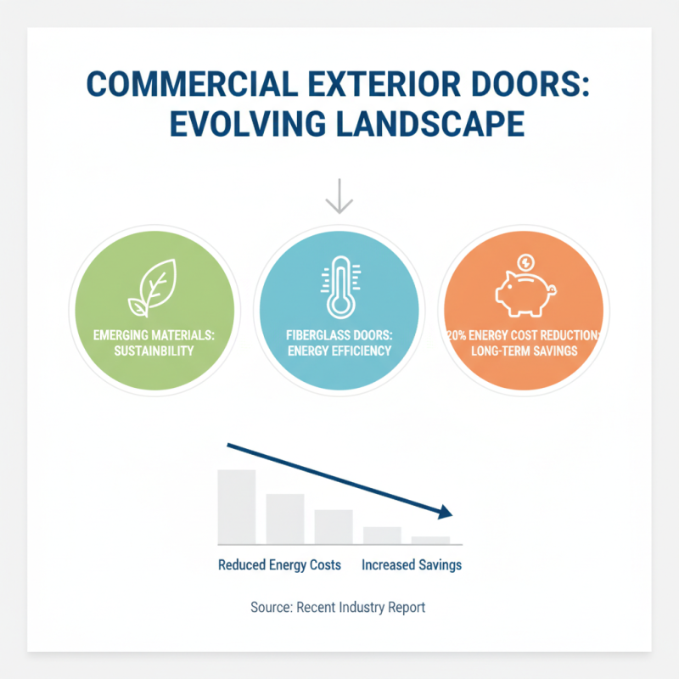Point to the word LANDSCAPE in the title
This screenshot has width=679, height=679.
(x=434, y=126)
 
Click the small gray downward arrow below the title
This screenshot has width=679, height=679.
(x=339, y=196)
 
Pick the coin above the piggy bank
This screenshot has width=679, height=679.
(x=525, y=261)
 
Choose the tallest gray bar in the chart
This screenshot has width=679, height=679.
(x=236, y=506)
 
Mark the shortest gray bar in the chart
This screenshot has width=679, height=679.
(x=430, y=540)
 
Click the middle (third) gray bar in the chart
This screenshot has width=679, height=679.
(x=334, y=526)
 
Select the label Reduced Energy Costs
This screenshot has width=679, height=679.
(x=279, y=564)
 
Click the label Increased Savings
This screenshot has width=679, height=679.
(x=412, y=564)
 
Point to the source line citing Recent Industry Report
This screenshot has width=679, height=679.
(x=338, y=608)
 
